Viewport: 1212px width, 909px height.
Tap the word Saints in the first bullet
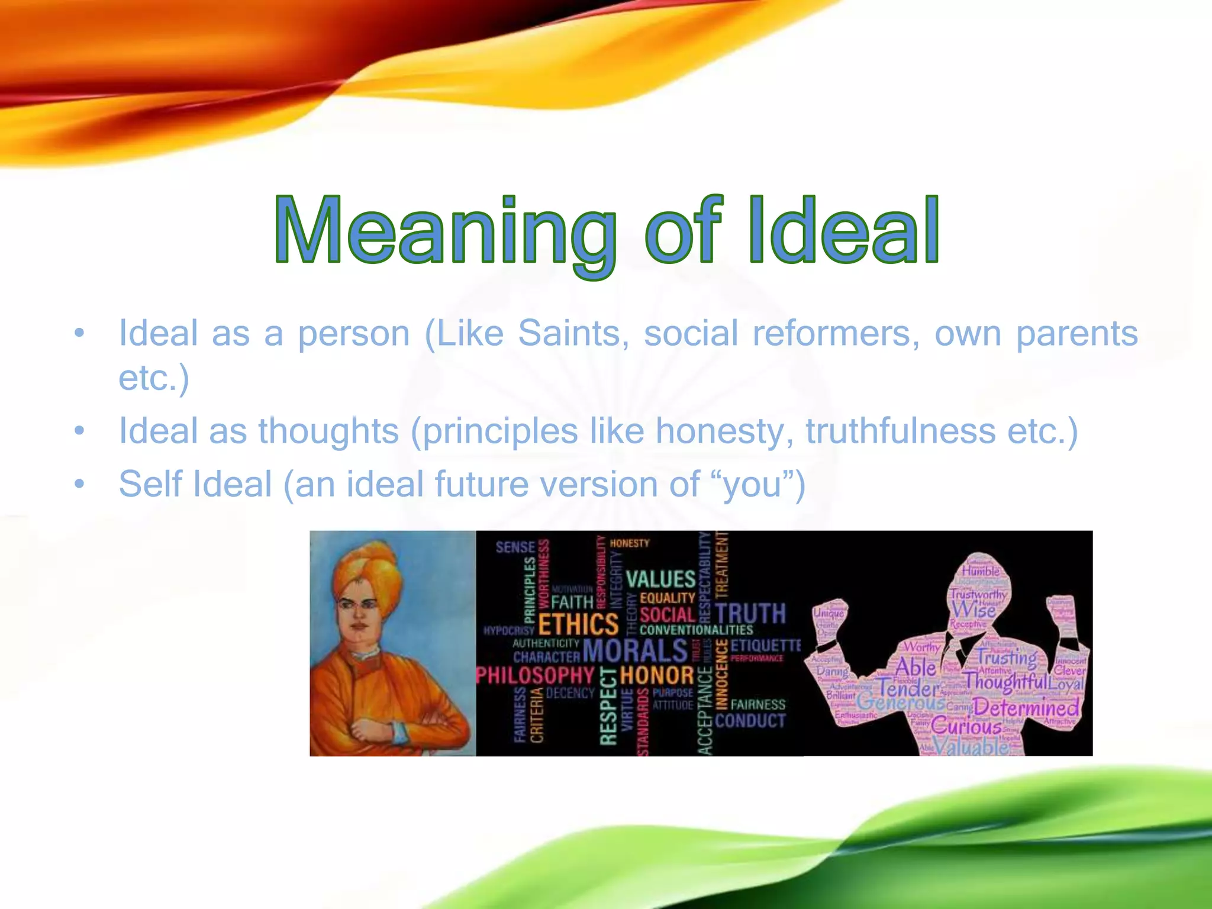(x=569, y=334)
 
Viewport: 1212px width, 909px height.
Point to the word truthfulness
(x=900, y=430)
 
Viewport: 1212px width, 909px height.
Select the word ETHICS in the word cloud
(x=578, y=625)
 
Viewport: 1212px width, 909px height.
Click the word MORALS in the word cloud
(x=635, y=651)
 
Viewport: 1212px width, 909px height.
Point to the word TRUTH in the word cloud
(x=750, y=614)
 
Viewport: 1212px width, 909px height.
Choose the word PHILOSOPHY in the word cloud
(x=535, y=675)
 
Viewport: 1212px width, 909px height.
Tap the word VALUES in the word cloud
(x=660, y=579)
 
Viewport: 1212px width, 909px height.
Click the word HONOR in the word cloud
(x=657, y=675)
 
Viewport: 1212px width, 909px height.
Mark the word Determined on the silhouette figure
(x=1026, y=707)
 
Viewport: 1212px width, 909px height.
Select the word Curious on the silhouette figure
(x=966, y=726)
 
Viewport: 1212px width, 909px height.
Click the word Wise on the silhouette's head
(x=974, y=610)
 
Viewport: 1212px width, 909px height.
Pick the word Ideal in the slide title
(x=843, y=231)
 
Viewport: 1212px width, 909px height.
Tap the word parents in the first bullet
(x=1076, y=334)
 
